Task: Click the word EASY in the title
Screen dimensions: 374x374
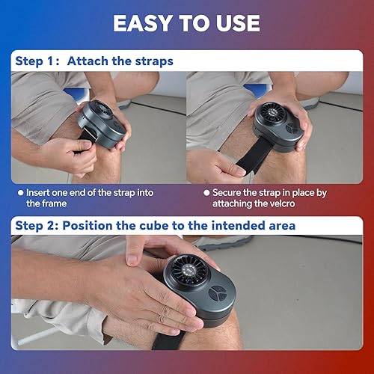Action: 143,23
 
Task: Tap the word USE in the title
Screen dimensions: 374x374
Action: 238,23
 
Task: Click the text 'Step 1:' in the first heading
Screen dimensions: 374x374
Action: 37,61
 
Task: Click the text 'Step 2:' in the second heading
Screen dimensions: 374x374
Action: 37,226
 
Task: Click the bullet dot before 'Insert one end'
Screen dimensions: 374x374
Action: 21,193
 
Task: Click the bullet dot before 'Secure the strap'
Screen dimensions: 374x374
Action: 206,193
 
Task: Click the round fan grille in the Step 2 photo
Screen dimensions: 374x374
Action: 189,270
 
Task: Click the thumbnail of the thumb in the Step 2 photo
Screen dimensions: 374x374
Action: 132,260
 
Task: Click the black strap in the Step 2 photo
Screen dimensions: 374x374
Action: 169,340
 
